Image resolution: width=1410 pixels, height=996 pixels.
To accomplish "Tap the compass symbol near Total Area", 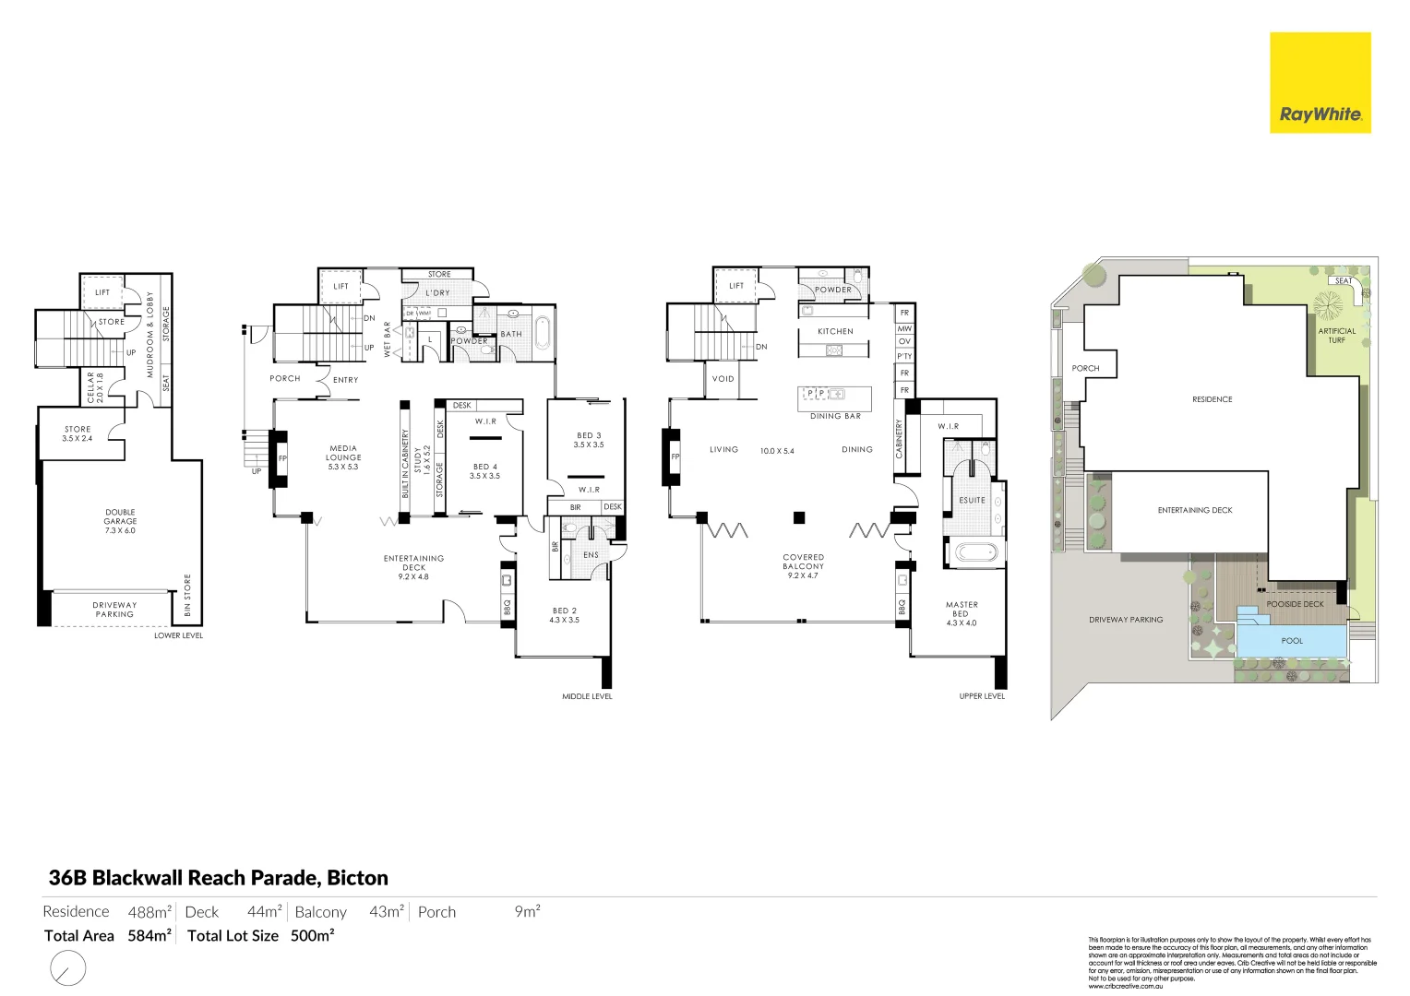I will click(67, 968).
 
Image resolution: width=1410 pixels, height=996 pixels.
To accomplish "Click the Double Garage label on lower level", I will click(120, 521).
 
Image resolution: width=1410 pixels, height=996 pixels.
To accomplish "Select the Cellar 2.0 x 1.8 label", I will click(95, 387).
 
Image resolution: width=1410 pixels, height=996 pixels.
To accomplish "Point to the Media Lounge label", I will click(343, 457).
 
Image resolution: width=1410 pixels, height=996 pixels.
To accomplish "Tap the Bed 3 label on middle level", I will click(589, 440).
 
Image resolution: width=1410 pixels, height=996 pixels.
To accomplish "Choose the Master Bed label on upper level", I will click(962, 613).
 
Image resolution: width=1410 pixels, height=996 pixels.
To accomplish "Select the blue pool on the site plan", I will click(1291, 640).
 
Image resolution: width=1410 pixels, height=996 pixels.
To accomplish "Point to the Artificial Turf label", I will click(1336, 336).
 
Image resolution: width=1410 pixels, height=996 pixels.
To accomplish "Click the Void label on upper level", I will click(723, 379).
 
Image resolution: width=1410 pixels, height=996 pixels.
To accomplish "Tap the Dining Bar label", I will click(835, 416).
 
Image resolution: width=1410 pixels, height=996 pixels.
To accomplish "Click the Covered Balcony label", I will click(803, 566).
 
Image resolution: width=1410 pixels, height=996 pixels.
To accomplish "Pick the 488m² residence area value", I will click(149, 912).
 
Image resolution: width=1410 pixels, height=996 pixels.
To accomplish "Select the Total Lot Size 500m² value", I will click(312, 936).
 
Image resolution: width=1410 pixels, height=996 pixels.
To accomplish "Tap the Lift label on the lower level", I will click(102, 292).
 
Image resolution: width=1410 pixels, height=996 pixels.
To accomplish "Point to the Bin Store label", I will click(187, 595).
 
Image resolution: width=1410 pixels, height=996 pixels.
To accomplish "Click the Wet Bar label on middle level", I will click(388, 339).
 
